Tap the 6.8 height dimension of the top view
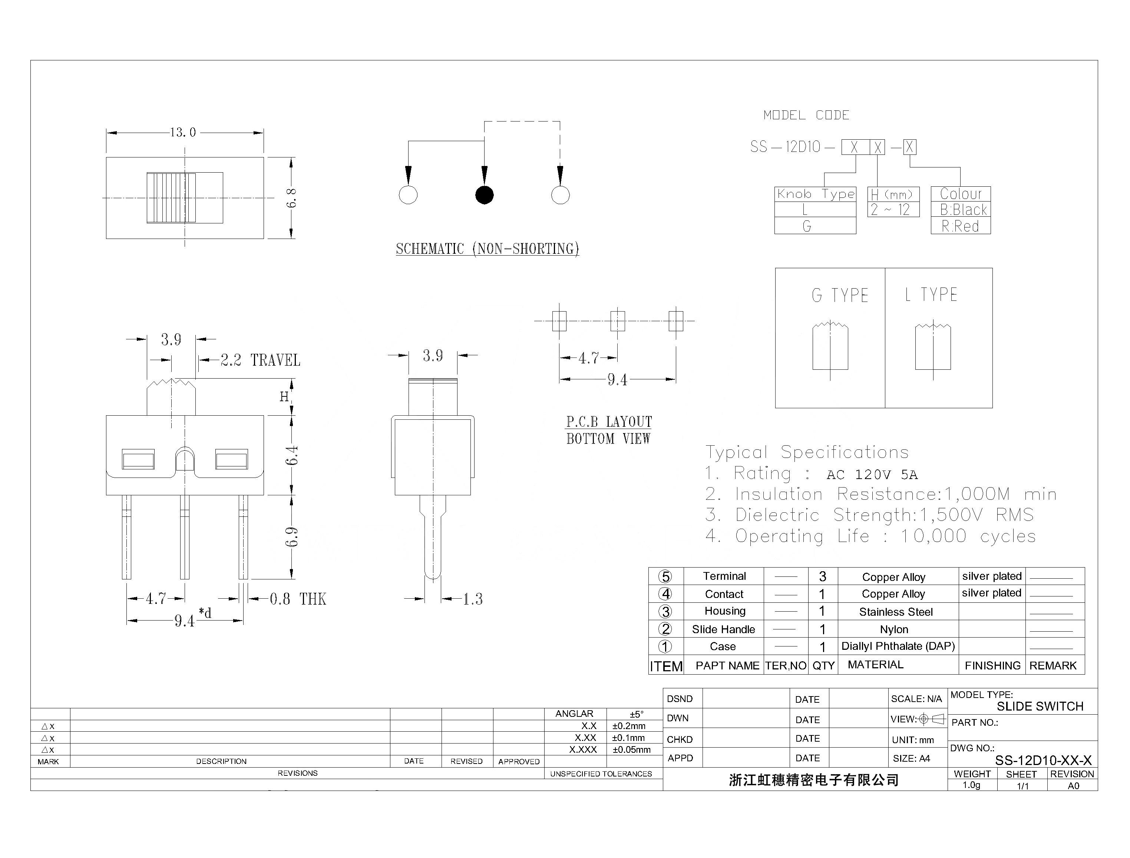point(291,198)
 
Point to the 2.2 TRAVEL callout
point(260,360)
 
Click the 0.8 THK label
point(298,599)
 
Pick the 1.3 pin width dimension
point(473,599)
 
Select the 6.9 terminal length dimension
point(291,537)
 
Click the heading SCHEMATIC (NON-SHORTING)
point(487,249)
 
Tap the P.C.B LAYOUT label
point(609,422)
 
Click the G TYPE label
point(840,296)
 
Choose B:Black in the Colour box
point(963,210)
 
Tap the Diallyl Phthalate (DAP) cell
point(898,646)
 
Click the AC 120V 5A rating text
point(872,475)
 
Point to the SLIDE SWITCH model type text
point(1040,706)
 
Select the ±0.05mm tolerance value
point(631,750)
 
